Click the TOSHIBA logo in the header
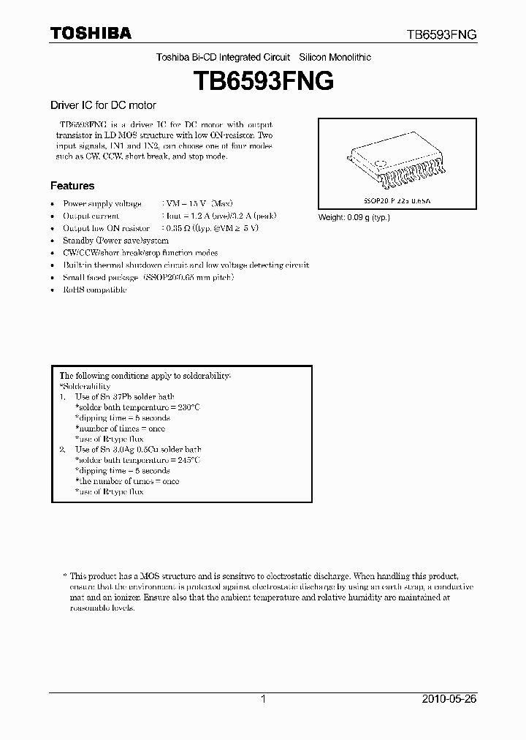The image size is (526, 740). click(91, 33)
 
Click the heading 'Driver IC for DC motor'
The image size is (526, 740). click(102, 105)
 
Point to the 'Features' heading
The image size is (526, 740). click(72, 186)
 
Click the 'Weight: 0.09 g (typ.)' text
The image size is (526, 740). click(354, 217)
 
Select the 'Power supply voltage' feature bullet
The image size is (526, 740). click(102, 203)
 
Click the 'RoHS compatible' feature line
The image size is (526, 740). click(94, 290)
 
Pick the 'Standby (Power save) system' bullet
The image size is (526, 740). click(115, 241)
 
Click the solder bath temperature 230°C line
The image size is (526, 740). click(137, 407)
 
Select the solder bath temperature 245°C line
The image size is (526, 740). click(137, 460)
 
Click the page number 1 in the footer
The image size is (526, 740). click(263, 699)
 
